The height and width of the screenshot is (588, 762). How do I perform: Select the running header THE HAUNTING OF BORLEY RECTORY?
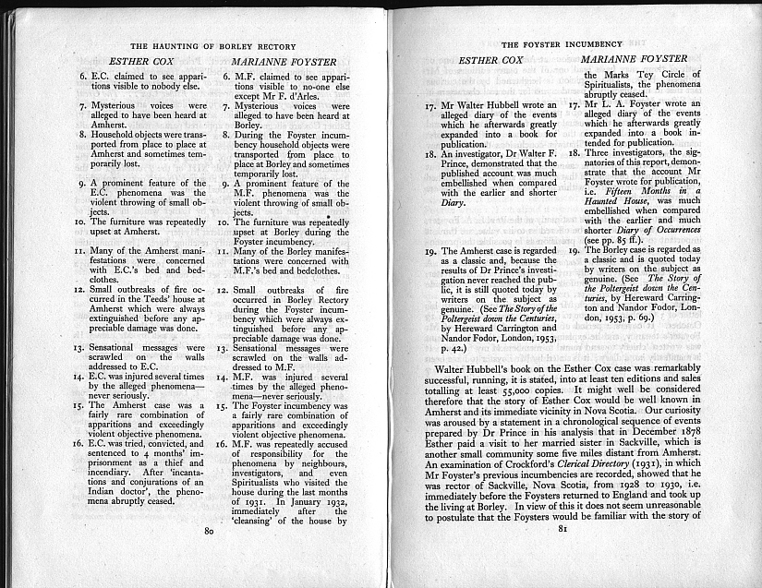coord(213,46)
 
